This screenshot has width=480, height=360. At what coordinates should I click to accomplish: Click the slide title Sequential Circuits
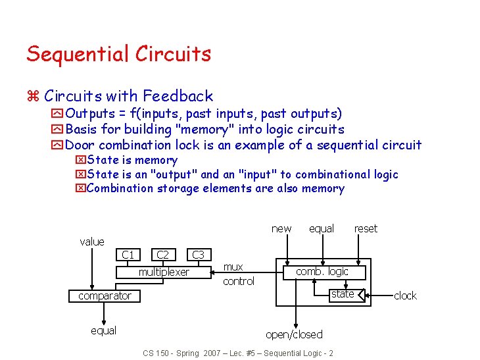point(118,54)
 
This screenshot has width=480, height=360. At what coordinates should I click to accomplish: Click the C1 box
point(128,255)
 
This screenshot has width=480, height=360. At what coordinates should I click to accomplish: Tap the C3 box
point(198,255)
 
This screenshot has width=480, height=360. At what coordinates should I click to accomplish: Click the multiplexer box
point(164,272)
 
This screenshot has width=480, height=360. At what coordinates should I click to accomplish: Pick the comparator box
point(105,296)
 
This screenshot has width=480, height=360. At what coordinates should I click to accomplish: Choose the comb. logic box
point(322,271)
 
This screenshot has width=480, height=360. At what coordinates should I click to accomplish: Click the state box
point(343,294)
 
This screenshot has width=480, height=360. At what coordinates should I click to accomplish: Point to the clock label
point(405,296)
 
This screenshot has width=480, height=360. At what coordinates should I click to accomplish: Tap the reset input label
point(366,228)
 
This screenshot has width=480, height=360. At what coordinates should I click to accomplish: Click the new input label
point(281,228)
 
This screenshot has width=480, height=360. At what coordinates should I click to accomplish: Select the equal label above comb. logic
point(322,228)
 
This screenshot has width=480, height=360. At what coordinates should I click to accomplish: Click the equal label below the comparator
point(103,330)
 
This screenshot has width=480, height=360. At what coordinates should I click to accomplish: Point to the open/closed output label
point(294,334)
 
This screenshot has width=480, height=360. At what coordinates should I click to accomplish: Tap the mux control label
point(238,274)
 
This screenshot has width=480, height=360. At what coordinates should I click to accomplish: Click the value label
point(92,242)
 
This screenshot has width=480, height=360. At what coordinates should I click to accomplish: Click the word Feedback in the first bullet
point(178,97)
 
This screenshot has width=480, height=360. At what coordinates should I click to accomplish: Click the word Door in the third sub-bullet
point(80,145)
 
